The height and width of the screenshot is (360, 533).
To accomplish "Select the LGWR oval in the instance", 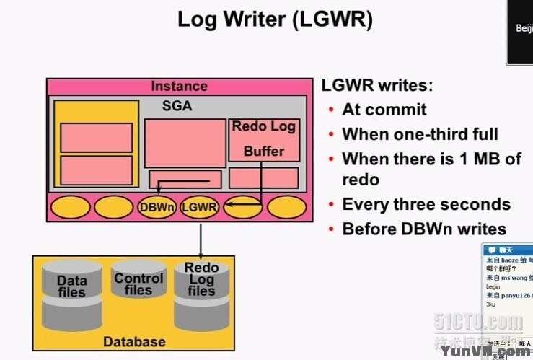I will [x=199, y=208].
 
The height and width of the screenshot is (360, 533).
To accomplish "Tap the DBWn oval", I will [x=157, y=208].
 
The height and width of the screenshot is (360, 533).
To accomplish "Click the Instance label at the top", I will [x=179, y=87].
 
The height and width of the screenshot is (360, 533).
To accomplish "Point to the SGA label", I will [x=177, y=106].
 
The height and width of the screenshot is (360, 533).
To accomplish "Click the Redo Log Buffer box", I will [x=263, y=139].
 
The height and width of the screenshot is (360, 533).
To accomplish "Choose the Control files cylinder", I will [x=138, y=284].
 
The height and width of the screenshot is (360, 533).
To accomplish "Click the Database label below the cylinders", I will [x=134, y=341].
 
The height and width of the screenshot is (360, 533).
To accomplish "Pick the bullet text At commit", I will [x=384, y=110].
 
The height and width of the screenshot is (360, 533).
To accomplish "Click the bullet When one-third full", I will [x=420, y=134].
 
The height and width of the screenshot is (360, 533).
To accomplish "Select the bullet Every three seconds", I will [x=426, y=204].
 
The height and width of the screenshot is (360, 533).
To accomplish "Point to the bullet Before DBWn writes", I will [x=424, y=229].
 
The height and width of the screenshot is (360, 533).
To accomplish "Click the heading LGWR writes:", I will [x=377, y=86].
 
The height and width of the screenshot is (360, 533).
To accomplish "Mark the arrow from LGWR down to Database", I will [x=200, y=238].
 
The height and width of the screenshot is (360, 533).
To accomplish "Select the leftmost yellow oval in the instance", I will [x=71, y=208].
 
